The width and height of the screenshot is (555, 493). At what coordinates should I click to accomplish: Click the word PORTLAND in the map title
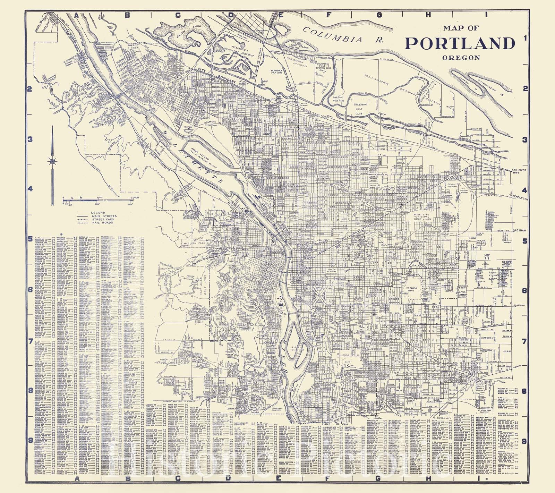point(460,43)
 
